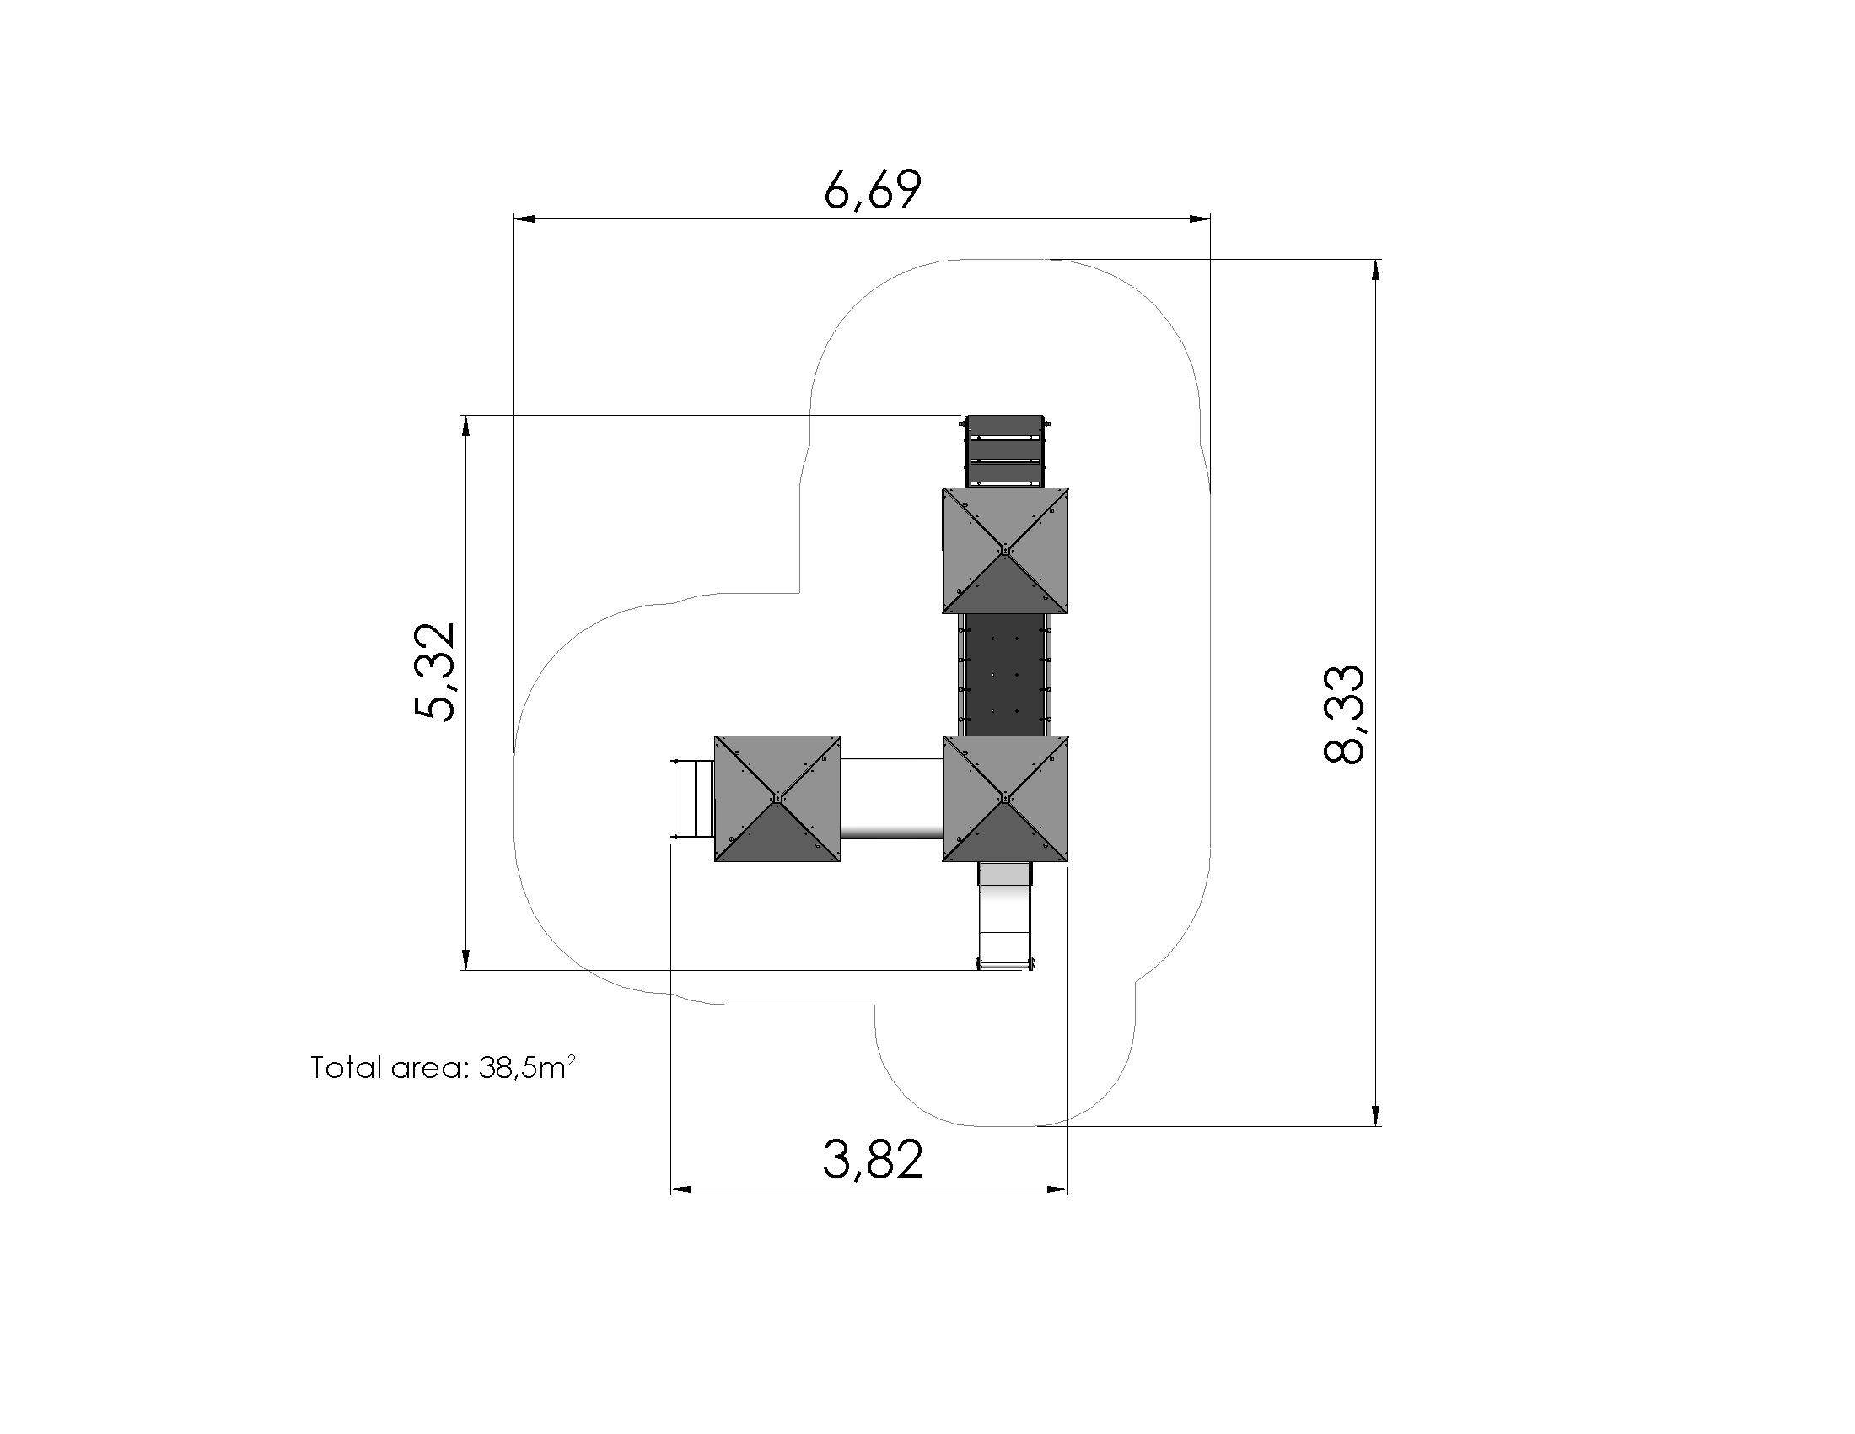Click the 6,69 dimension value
coord(873,190)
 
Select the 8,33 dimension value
coord(1345,714)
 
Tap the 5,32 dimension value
coord(435,671)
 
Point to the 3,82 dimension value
coord(873,1160)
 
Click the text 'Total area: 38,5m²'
coord(444,1067)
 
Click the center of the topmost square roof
coord(1005,551)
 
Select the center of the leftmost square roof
coord(777,799)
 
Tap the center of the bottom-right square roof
coord(1005,799)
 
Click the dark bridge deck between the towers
coord(1005,675)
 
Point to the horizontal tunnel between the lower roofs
coord(891,799)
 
